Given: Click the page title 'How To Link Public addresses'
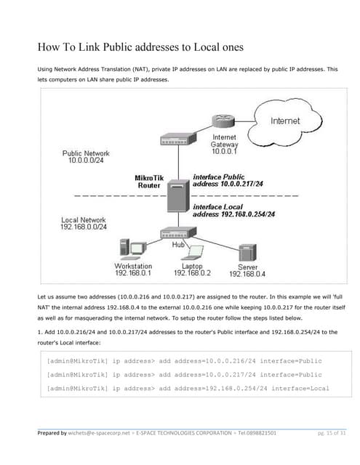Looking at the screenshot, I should [140, 48].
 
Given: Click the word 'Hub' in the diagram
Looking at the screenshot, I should [177, 246].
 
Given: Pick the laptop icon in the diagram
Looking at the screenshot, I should [193, 252].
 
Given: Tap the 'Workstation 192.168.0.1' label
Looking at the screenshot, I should [133, 270].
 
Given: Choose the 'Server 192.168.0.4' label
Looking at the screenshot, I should [247, 270].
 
